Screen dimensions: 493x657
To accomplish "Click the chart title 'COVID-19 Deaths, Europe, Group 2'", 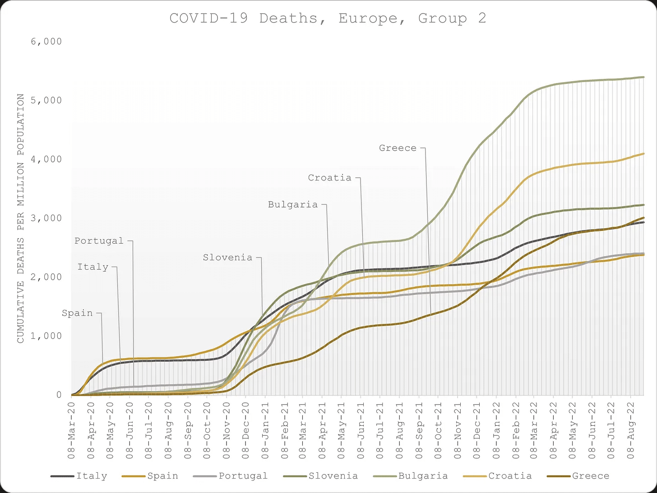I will click(x=328, y=18).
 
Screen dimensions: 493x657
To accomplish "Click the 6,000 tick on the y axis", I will click(x=46, y=41).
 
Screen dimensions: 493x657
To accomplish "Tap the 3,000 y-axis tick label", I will click(x=46, y=218).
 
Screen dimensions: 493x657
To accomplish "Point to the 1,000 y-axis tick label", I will click(x=46, y=336).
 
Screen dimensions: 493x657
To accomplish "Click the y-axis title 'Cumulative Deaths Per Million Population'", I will click(x=20, y=218).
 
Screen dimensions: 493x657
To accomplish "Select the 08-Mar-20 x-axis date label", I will click(x=72, y=430).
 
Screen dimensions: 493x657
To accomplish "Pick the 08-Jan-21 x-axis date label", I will click(x=265, y=430).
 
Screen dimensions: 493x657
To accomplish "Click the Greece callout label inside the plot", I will click(x=398, y=148).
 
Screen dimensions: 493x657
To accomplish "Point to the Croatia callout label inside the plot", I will click(x=329, y=178).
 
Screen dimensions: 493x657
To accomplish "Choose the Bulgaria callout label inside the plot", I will click(x=293, y=205).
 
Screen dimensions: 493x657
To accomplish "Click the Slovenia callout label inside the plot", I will click(x=227, y=258).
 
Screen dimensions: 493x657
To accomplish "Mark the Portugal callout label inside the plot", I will click(x=99, y=241).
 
